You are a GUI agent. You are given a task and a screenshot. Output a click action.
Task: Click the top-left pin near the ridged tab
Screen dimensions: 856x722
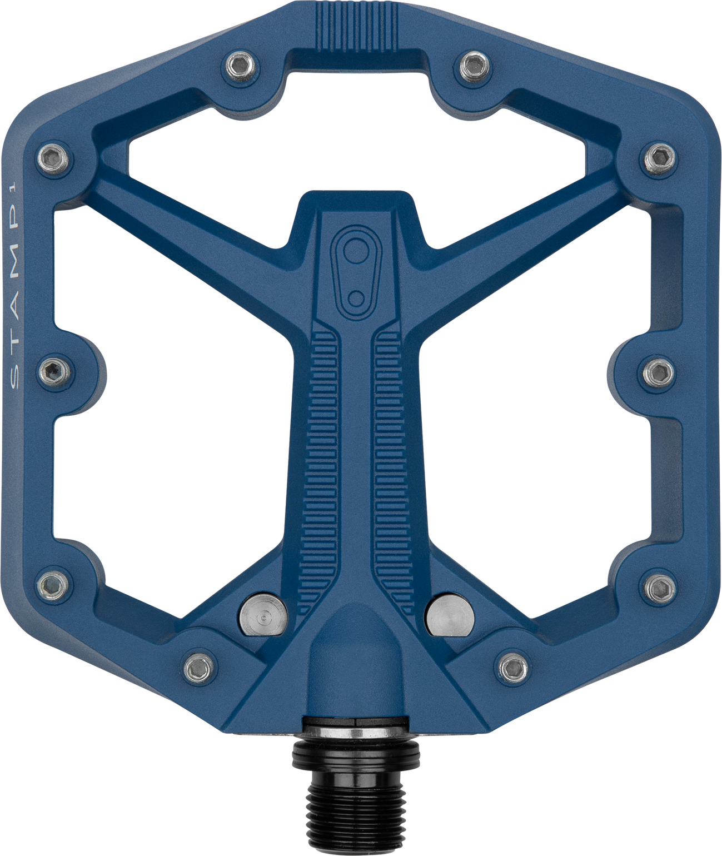coord(240,67)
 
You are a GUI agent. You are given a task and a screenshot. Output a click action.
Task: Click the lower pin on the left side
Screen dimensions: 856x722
coord(54,583)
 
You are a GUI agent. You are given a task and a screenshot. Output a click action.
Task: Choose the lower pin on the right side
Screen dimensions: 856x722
coord(659,583)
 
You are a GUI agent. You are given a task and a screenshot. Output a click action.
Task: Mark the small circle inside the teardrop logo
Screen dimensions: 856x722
coord(353,293)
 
